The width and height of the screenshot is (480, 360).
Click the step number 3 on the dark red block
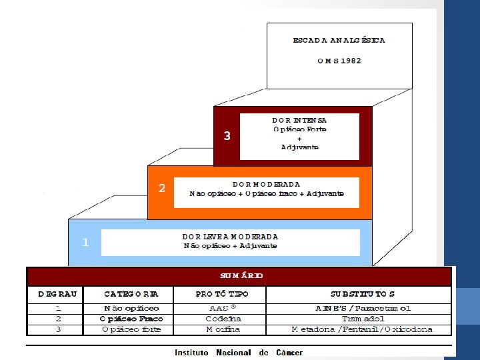point(227,136)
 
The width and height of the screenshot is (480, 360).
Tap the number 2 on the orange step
point(161,189)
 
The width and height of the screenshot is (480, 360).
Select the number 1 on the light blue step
point(85,243)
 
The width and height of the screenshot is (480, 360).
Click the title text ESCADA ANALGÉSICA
point(339,40)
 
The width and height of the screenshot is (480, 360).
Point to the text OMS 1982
point(339,60)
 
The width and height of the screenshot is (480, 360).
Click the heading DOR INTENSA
point(299,120)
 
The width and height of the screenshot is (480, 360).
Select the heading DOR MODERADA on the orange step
point(267,184)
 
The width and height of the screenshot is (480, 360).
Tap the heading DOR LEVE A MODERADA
point(230,237)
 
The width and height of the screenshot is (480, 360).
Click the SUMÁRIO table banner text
point(241,275)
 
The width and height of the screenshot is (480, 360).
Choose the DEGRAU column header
point(57,294)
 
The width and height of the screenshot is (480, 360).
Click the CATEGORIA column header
point(131,294)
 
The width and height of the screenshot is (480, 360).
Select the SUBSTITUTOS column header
point(363,294)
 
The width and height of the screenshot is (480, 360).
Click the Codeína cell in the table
point(223,319)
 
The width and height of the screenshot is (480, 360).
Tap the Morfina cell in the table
point(223,329)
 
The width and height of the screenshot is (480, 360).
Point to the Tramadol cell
point(363,319)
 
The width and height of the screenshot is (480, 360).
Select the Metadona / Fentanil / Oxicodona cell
point(363,329)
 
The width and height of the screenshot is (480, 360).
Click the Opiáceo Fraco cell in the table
point(132,319)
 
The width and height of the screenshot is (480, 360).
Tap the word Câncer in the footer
point(289,353)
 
